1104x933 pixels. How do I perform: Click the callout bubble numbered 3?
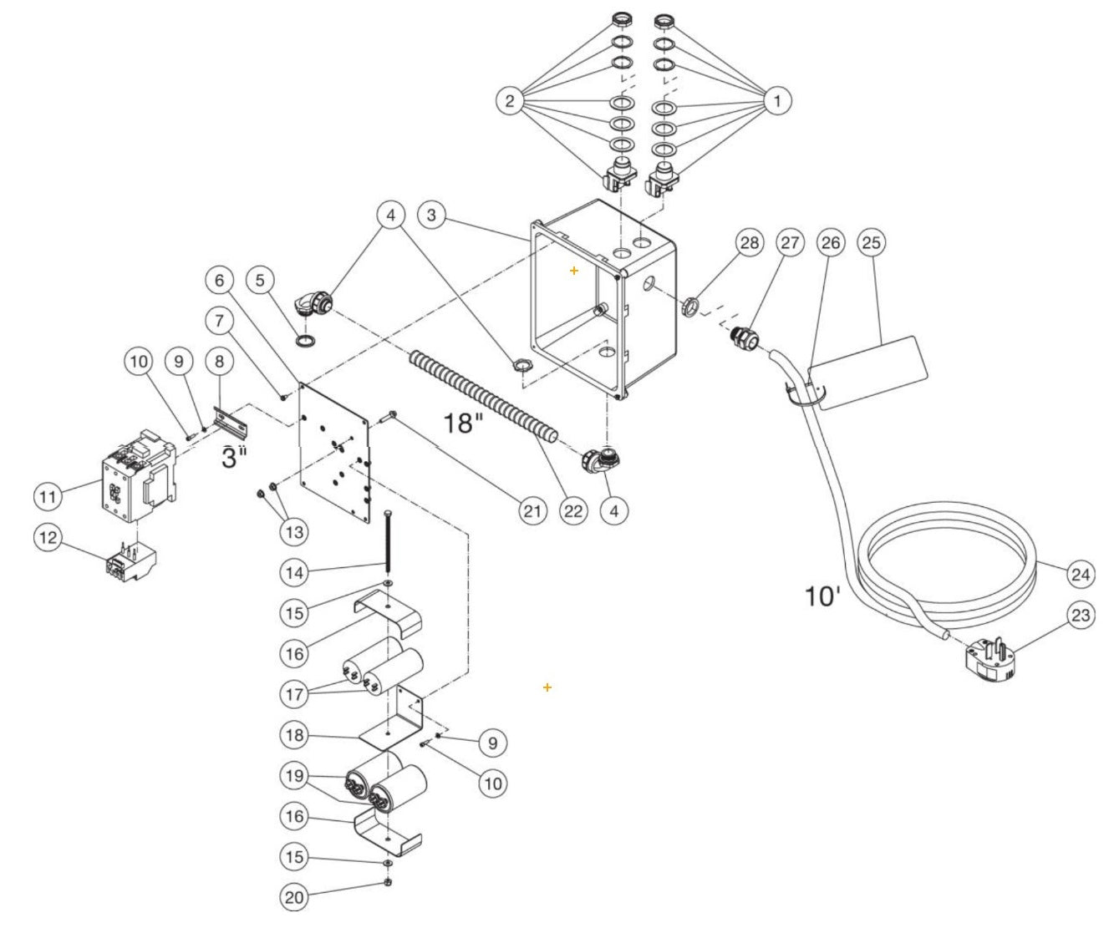click(x=431, y=215)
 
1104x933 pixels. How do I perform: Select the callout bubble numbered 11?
click(x=48, y=496)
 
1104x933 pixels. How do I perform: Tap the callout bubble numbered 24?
click(x=1081, y=574)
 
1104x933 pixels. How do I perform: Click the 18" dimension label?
click(x=463, y=423)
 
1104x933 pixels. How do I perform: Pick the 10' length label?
click(x=822, y=596)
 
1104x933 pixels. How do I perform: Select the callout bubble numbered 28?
click(x=750, y=242)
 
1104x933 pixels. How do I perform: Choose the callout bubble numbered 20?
click(x=295, y=897)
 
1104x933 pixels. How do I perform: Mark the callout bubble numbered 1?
click(x=776, y=101)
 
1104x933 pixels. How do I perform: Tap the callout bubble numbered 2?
click(x=510, y=101)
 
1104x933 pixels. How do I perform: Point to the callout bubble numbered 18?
click(x=295, y=736)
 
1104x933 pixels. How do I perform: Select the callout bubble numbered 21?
click(x=532, y=510)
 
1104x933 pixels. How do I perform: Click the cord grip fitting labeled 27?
click(x=743, y=337)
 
